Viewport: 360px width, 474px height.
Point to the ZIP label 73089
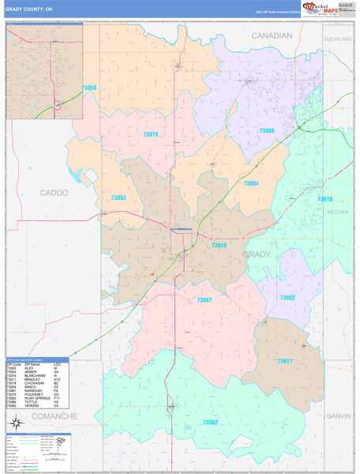point(267,130)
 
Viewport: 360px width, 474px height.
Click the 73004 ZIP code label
point(251,183)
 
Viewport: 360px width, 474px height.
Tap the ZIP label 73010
point(325,199)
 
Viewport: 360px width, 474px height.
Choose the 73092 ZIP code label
point(118,197)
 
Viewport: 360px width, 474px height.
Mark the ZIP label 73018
point(219,246)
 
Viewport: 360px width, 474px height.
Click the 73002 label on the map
point(287,297)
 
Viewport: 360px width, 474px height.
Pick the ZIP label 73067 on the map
point(204,300)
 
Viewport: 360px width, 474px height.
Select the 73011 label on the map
point(284,360)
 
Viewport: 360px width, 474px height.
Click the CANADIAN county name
point(272,36)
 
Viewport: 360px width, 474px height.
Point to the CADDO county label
point(53,192)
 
